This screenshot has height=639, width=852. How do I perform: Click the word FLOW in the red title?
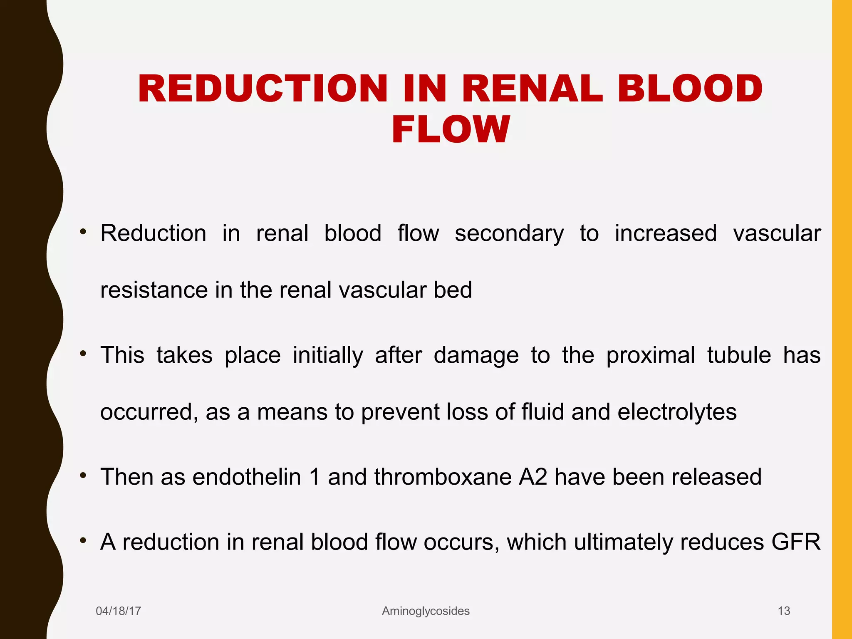point(451,129)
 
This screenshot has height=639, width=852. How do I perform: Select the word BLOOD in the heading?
point(690,89)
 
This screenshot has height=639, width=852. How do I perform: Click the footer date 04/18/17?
point(119,611)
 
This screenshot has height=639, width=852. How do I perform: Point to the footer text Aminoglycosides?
point(426,611)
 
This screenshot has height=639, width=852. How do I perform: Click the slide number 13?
point(784,611)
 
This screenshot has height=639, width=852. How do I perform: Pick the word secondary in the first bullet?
point(509,233)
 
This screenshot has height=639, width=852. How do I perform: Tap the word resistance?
point(154,290)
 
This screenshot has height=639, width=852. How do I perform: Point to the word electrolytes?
point(677,412)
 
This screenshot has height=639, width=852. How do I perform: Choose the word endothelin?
point(247,477)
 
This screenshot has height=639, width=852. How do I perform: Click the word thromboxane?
point(443,477)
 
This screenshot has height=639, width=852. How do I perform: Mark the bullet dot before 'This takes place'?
point(83,354)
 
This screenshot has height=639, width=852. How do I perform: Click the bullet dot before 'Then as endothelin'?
point(83,475)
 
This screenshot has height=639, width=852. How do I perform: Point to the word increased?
point(666,233)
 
